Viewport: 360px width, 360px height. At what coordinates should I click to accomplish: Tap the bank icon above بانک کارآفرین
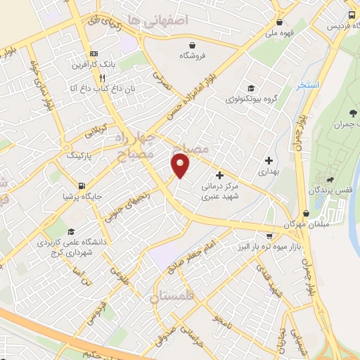tap(93, 54)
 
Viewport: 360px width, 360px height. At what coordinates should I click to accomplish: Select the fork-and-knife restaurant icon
tap(103, 77)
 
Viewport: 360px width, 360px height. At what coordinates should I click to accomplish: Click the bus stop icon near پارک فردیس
tap(352, 15)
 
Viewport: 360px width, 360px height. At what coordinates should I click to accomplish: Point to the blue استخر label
tap(307, 85)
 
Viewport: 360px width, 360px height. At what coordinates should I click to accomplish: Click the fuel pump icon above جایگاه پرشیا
tap(83, 186)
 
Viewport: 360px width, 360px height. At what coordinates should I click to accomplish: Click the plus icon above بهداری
tap(268, 160)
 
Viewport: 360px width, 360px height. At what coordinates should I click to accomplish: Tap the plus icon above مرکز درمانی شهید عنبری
tap(219, 175)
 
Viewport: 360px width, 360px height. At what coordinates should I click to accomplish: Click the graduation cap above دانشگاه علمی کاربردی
tap(70, 231)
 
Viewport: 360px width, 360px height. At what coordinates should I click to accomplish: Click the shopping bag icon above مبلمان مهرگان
tap(306, 213)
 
